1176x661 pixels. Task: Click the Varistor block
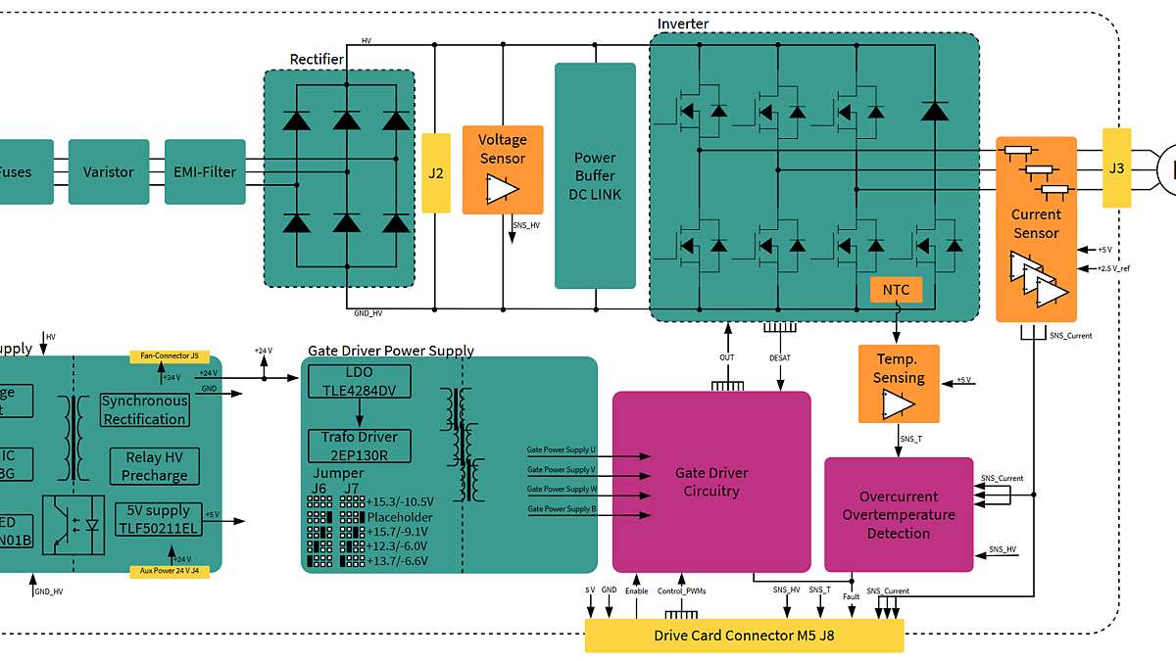click(108, 171)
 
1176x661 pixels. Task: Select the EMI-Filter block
click(205, 171)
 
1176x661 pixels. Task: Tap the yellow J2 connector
click(436, 173)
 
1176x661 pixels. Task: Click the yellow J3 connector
click(1116, 167)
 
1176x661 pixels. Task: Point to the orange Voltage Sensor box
click(503, 168)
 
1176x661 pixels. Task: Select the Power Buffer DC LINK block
click(595, 176)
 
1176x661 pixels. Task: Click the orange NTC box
click(896, 290)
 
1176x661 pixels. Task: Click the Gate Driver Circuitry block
click(711, 481)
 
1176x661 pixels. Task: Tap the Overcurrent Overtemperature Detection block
click(899, 514)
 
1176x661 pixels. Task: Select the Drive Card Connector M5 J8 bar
click(744, 636)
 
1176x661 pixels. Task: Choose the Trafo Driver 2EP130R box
click(360, 446)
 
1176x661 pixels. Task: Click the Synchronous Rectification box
click(145, 409)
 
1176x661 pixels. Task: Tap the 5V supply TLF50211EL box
click(159, 519)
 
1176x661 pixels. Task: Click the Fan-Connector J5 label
click(170, 355)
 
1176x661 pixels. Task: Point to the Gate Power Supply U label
click(561, 449)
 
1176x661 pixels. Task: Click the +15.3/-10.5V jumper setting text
click(399, 501)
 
